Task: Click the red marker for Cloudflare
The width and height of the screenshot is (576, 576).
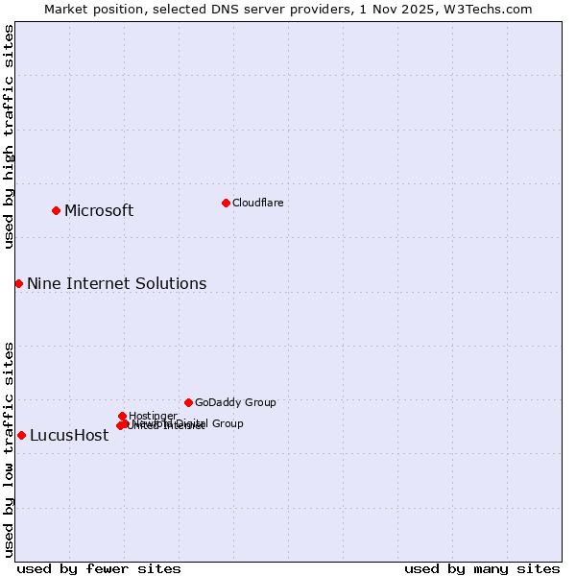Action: (226, 203)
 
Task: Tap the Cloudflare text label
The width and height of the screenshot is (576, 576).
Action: (257, 203)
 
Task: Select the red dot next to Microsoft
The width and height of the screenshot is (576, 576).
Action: (56, 210)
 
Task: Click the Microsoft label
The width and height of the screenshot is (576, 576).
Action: (99, 211)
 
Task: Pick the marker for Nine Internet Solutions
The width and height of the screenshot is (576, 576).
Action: (18, 283)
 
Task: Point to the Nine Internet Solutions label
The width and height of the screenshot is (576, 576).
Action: (116, 283)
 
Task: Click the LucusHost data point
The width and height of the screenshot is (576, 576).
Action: (21, 435)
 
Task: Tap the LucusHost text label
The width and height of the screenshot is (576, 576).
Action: (69, 436)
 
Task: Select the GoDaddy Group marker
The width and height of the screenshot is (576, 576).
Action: (188, 402)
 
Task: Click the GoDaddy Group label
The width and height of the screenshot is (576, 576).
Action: (235, 402)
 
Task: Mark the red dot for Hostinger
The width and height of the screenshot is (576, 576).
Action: (122, 416)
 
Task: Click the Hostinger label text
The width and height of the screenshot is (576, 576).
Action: (153, 416)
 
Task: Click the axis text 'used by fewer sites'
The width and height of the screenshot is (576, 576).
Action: (99, 568)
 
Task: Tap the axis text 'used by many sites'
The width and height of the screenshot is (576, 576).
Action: (482, 568)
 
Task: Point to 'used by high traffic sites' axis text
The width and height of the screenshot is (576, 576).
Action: (9, 136)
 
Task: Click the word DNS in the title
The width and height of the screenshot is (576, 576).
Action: (206, 9)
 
